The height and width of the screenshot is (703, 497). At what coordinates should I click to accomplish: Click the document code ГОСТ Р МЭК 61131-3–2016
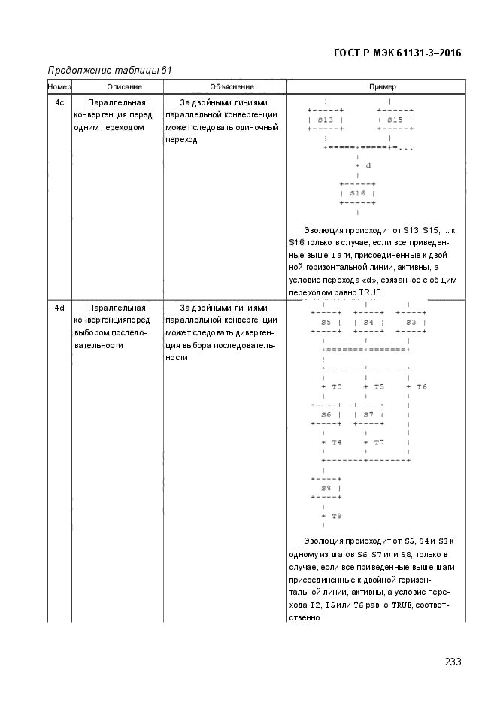pyautogui.click(x=396, y=53)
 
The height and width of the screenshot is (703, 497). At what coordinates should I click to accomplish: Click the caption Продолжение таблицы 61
pyautogui.click(x=110, y=71)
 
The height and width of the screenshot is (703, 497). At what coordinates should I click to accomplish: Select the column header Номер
pyautogui.click(x=59, y=87)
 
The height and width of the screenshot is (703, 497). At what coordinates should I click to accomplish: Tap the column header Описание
pyautogui.click(x=117, y=87)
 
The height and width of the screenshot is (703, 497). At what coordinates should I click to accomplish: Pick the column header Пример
pyautogui.click(x=382, y=87)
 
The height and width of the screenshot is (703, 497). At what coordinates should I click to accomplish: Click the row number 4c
pyautogui.click(x=59, y=102)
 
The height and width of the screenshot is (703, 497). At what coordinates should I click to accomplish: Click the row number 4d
pyautogui.click(x=59, y=308)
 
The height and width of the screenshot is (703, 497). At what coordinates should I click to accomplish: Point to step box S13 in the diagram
pyautogui.click(x=326, y=120)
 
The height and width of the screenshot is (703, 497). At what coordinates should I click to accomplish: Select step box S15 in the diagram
pyautogui.click(x=395, y=120)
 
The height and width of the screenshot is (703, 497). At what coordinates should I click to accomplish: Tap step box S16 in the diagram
pyautogui.click(x=357, y=193)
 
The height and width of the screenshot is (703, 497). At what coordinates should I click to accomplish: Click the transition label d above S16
pyautogui.click(x=368, y=165)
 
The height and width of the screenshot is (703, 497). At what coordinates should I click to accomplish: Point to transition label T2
pyautogui.click(x=336, y=386)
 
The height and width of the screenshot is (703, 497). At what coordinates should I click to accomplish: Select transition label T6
pyautogui.click(x=421, y=386)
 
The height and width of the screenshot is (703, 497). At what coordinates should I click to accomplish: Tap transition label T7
pyautogui.click(x=378, y=442)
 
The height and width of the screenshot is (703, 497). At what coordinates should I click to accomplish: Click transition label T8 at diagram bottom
pyautogui.click(x=336, y=516)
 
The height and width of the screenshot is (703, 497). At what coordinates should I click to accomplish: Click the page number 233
pyautogui.click(x=453, y=662)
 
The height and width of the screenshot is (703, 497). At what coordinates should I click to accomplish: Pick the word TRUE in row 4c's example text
pyautogui.click(x=370, y=292)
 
